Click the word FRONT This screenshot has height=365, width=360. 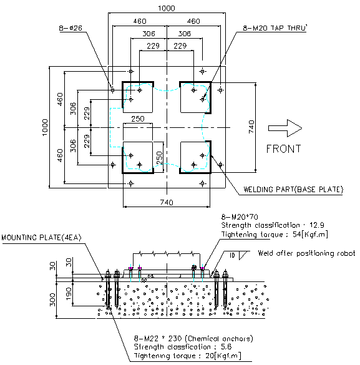[283, 149]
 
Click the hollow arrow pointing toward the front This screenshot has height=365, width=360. [285, 128]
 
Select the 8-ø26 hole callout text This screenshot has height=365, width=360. [71, 28]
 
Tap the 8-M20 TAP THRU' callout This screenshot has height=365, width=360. [275, 28]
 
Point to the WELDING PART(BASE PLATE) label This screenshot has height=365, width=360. [293, 190]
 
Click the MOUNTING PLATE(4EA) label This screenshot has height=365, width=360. [41, 238]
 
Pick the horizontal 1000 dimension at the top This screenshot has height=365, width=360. [167, 8]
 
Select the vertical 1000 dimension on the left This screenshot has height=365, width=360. [45, 127]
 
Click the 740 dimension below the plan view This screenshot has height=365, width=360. [167, 202]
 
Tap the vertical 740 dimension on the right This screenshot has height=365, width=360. [251, 127]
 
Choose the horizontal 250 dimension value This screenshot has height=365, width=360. [138, 119]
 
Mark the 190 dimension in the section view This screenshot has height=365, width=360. [69, 293]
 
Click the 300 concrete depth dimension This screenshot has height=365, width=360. [52, 300]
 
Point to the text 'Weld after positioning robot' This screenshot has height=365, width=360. [306, 253]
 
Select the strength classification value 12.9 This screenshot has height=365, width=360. [317, 225]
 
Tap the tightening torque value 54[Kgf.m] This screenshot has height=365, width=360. [310, 234]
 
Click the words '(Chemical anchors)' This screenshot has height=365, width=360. [219, 338]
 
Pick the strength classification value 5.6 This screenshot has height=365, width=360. [226, 347]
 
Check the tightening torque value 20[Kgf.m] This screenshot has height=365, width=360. [223, 356]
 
